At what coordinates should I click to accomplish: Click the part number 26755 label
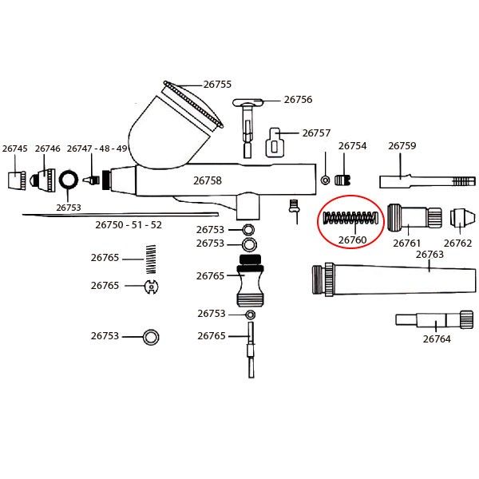pos(217,85)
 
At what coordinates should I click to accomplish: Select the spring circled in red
pos(351,217)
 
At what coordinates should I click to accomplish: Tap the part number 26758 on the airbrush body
pos(207,180)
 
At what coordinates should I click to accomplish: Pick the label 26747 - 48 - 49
pos(97,148)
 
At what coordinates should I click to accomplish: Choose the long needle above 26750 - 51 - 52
pos(121,215)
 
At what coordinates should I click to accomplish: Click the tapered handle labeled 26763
pos(394,280)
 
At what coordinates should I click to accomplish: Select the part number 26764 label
pos(437,338)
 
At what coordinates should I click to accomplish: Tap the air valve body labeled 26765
pos(251,280)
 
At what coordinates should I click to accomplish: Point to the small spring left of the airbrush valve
pos(151,259)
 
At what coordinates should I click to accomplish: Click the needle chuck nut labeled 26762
pos(462,217)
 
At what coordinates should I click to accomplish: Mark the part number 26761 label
pos(406,243)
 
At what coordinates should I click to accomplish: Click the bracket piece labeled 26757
pos(276,142)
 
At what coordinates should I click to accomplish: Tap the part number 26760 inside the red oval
pos(352,239)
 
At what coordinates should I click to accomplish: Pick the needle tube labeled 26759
pos(427,181)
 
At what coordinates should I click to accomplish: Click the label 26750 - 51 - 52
pos(129,225)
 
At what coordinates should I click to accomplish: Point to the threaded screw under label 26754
pos(342,180)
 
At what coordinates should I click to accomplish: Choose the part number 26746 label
pos(48,148)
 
